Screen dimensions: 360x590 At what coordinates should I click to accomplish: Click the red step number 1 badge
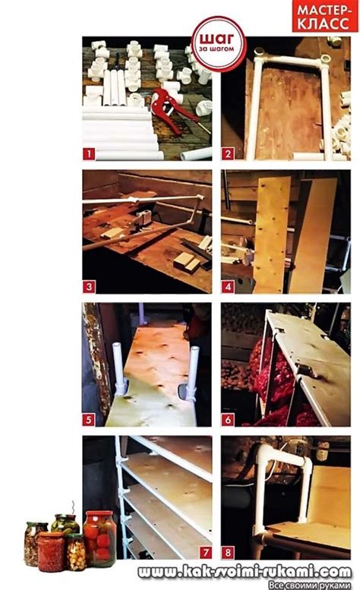(x=89, y=154)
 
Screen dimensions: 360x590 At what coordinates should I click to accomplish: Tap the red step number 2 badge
(x=228, y=154)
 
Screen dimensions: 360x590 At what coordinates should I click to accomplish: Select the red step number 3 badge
(x=89, y=287)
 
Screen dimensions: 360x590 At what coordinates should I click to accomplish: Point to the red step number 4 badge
(x=228, y=287)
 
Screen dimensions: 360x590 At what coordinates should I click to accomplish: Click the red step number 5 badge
(x=89, y=420)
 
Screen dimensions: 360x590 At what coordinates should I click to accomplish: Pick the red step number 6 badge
(x=228, y=420)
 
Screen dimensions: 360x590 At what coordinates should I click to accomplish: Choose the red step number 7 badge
(x=206, y=552)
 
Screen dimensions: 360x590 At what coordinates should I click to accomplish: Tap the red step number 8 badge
(x=228, y=552)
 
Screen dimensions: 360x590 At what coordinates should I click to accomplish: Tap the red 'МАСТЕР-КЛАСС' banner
(x=325, y=16)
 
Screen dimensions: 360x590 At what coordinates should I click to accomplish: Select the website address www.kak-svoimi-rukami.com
(x=245, y=573)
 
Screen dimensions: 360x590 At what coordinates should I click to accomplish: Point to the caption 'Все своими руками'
(x=310, y=585)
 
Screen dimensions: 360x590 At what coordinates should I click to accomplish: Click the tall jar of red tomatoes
(x=99, y=538)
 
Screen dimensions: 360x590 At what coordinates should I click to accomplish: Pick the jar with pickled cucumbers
(x=65, y=523)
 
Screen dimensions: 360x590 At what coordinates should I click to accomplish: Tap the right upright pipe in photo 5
(x=194, y=373)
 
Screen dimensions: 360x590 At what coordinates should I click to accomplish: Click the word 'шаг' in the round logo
(x=216, y=39)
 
